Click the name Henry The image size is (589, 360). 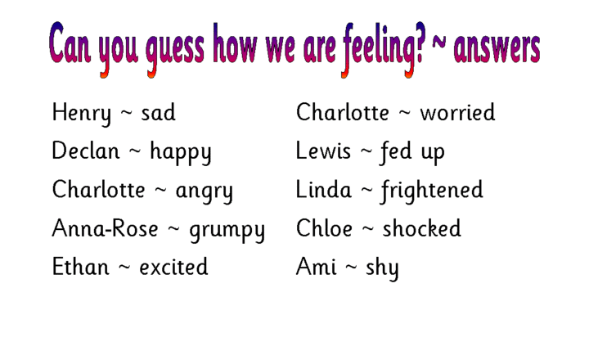(x=82, y=114)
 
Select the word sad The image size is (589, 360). (x=158, y=113)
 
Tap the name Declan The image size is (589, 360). (x=86, y=151)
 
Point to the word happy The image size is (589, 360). (x=181, y=152)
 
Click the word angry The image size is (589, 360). (x=205, y=191)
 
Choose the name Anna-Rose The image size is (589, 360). (x=105, y=228)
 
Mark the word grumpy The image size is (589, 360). (x=227, y=231)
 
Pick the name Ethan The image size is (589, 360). (x=80, y=267)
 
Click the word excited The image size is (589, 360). (x=173, y=267)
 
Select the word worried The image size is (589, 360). (x=457, y=112)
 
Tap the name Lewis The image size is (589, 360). (x=323, y=151)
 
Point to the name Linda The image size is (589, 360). (x=324, y=189)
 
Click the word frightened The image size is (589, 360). (x=432, y=191)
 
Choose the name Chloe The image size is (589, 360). (x=324, y=227)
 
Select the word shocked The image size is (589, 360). (x=422, y=227)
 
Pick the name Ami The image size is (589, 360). (x=317, y=267)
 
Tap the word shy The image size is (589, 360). (x=382, y=268)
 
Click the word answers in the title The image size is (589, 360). (x=497, y=48)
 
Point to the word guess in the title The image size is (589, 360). (x=175, y=51)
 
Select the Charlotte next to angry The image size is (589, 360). (x=98, y=189)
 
